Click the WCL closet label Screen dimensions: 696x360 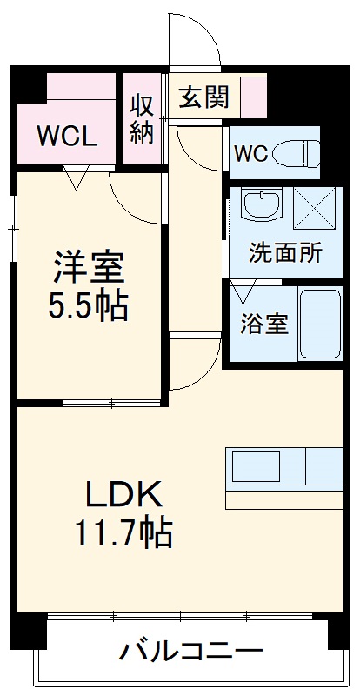pos(67,136)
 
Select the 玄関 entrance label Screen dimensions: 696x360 pos(204,97)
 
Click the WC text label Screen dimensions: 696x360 pos(250,154)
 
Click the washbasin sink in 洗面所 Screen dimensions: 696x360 pos(262,206)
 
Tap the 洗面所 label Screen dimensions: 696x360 pos(285,253)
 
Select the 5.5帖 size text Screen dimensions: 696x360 pos(90,305)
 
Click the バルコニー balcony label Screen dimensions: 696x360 pos(191,651)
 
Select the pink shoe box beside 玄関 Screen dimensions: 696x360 pos(253,97)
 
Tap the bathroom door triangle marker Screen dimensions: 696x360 pos(241,290)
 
